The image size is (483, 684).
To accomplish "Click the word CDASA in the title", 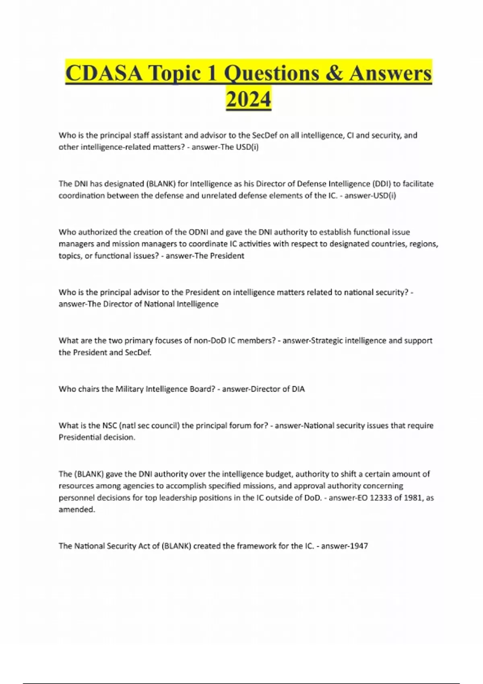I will coord(103,74).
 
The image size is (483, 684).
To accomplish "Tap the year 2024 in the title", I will coord(248,99).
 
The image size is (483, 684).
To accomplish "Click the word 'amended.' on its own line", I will coord(77,509).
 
